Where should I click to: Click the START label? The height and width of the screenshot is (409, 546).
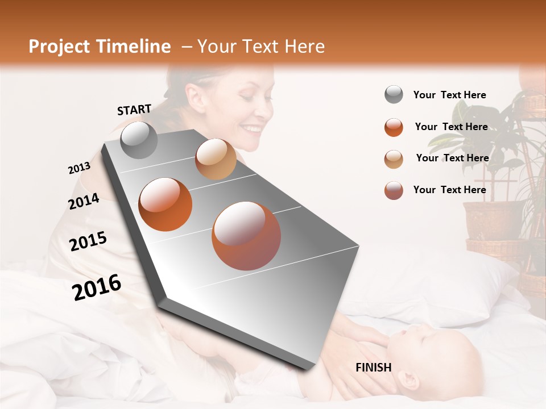(134, 110)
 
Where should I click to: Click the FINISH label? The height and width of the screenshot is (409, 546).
(373, 368)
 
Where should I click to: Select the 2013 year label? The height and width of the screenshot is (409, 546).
(80, 168)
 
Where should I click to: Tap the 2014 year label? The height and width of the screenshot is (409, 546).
(84, 201)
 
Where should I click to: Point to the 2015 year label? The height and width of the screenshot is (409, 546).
(88, 241)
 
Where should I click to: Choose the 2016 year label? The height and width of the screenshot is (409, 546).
(97, 287)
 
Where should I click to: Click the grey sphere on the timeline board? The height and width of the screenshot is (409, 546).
(139, 140)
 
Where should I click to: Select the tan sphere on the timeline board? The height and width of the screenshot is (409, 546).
(216, 159)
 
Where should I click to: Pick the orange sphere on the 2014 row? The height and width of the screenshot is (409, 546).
(166, 204)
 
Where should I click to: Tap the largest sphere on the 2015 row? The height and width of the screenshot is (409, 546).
(246, 236)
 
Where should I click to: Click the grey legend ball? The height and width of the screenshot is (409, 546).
(394, 95)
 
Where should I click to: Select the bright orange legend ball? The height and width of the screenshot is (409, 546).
(394, 127)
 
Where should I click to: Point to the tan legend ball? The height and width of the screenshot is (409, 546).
(394, 158)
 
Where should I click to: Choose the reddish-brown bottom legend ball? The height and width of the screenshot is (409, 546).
(394, 190)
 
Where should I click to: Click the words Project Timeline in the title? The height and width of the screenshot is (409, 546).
(100, 47)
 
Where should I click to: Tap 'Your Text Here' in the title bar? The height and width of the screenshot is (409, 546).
(260, 47)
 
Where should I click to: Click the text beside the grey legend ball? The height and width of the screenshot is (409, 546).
(449, 95)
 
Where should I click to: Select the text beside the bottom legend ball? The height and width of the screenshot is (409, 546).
(449, 190)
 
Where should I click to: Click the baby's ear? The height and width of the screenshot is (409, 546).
(408, 379)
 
